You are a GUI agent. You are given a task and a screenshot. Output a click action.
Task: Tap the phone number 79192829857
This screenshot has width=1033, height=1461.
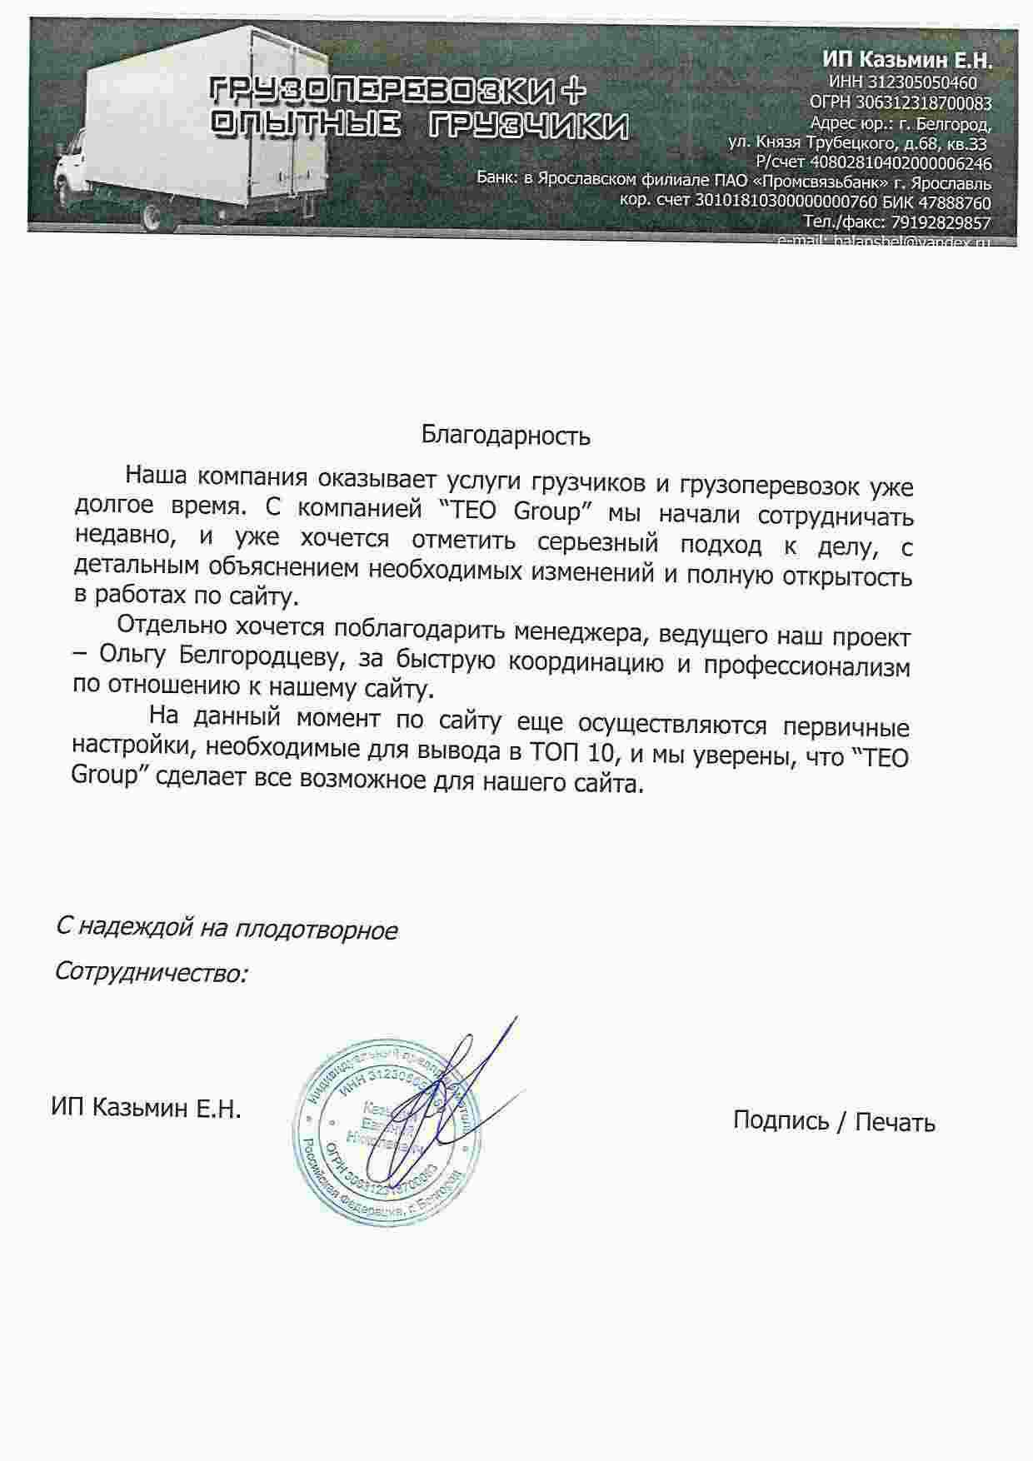click(x=941, y=222)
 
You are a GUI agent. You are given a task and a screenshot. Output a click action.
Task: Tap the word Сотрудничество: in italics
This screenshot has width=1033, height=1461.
click(x=151, y=972)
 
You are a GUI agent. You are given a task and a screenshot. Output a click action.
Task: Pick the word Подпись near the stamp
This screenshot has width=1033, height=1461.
click(x=781, y=1121)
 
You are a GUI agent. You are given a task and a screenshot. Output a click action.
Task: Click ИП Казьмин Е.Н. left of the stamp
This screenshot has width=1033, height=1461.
click(x=146, y=1109)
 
